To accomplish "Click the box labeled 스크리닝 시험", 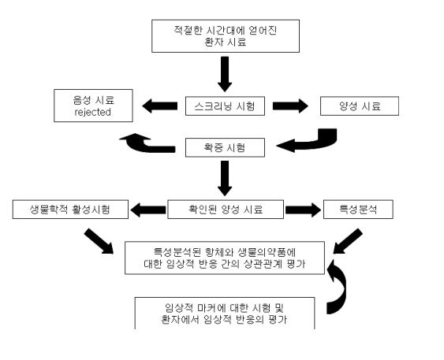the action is tap(225, 106).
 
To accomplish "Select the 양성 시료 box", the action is tap(360, 106).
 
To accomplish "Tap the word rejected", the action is tap(92, 113).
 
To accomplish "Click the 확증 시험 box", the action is tap(225, 147).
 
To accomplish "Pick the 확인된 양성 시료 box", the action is tap(226, 210).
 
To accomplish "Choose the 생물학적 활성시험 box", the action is tap(70, 210).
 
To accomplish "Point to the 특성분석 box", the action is tap(358, 210).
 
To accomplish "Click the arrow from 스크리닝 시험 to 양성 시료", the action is tap(290, 106).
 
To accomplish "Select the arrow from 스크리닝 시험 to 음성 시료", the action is tap(160, 106).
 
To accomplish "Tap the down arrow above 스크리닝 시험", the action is tap(225, 74).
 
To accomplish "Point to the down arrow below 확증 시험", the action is tap(225, 178).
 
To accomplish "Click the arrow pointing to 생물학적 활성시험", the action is tap(147, 210).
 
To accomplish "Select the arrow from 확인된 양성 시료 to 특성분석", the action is tap(304, 210).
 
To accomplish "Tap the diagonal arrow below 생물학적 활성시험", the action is tap(99, 241).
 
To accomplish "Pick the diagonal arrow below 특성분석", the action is tap(348, 241).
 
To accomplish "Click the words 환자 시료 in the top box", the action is tap(225, 43).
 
